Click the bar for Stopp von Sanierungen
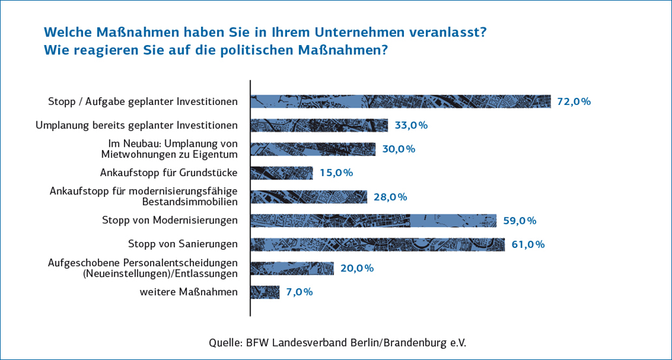point(378,245)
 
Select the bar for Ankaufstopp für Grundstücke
point(282,173)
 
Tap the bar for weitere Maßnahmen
point(266,292)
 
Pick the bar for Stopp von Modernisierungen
point(374,220)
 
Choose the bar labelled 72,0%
point(401,101)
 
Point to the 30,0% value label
point(399,149)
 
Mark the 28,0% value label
point(391,197)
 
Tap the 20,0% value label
point(357,268)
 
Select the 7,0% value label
point(299,292)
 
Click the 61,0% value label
point(528,245)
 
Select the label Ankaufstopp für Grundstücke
point(168,173)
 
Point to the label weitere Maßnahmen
point(189,292)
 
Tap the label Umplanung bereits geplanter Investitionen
point(136,125)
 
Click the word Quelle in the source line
point(224,342)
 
